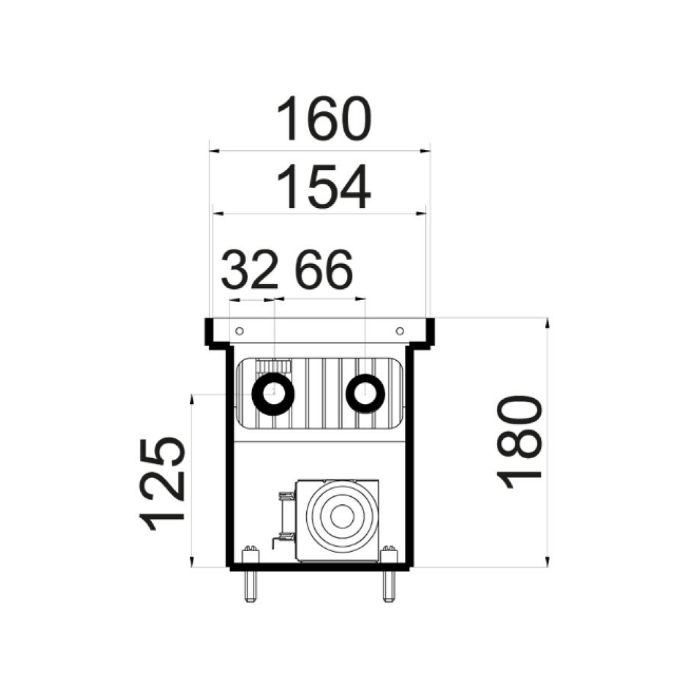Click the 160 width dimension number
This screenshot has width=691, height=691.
point(324,119)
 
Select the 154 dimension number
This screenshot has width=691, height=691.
point(324,187)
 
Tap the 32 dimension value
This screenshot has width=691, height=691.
point(249,269)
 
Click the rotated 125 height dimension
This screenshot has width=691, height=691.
point(162,483)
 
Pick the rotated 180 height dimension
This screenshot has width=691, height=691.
point(519,442)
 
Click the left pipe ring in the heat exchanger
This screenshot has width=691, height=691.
point(273,394)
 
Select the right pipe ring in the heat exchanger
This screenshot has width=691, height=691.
point(366,394)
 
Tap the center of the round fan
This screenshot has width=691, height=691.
point(342,516)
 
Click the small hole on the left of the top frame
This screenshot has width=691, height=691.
point(240,331)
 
